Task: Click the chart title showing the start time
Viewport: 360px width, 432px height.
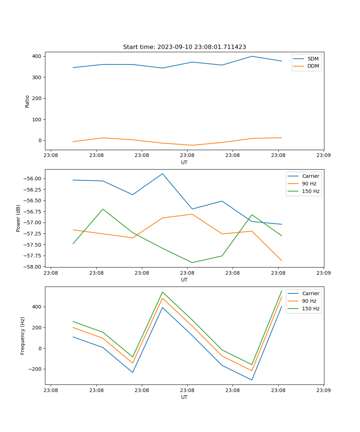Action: tap(184, 47)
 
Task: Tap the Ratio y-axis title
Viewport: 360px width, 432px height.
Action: tap(27, 101)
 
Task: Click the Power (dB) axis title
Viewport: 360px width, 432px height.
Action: tap(18, 218)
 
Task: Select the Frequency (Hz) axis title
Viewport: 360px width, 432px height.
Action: tap(23, 336)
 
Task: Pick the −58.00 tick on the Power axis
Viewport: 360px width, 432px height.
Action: tap(33, 267)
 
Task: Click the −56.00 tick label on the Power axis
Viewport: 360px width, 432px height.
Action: tap(33, 179)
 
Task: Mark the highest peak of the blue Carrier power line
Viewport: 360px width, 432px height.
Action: tap(162, 174)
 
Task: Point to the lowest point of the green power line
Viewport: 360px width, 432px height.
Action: tap(192, 262)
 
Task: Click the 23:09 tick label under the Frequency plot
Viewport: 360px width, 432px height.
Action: tap(324, 390)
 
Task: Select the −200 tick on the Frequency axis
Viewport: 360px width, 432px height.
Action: tap(36, 369)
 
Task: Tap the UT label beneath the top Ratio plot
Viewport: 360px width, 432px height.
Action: tap(184, 162)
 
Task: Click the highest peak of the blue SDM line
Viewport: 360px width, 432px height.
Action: tap(252, 56)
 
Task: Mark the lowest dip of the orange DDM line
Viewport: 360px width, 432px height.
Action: tap(192, 145)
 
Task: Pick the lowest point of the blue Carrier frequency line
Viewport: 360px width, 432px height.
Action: tap(252, 380)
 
